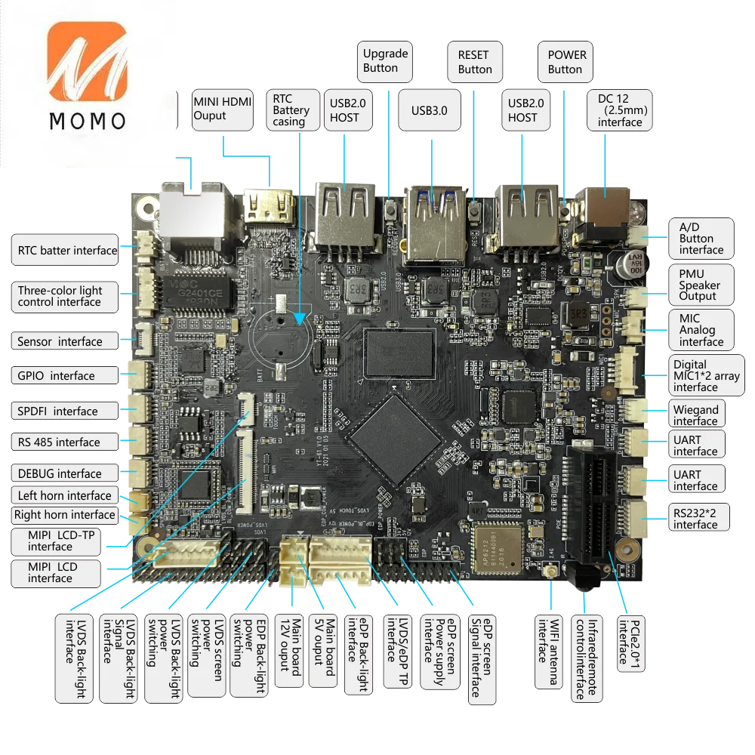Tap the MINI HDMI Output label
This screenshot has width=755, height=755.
[x=223, y=108]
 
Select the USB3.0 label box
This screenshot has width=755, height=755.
[x=430, y=110]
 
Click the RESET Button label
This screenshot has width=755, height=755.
[x=474, y=62]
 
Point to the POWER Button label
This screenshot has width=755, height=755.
[x=565, y=62]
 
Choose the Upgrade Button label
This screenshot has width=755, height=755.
[x=385, y=60]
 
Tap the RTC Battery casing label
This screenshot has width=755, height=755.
[x=289, y=110]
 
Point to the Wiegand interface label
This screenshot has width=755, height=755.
[x=695, y=414]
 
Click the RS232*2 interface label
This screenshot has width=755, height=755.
[x=695, y=518]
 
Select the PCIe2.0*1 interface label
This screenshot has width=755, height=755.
[x=630, y=642]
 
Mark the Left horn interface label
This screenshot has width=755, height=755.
[x=63, y=495]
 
